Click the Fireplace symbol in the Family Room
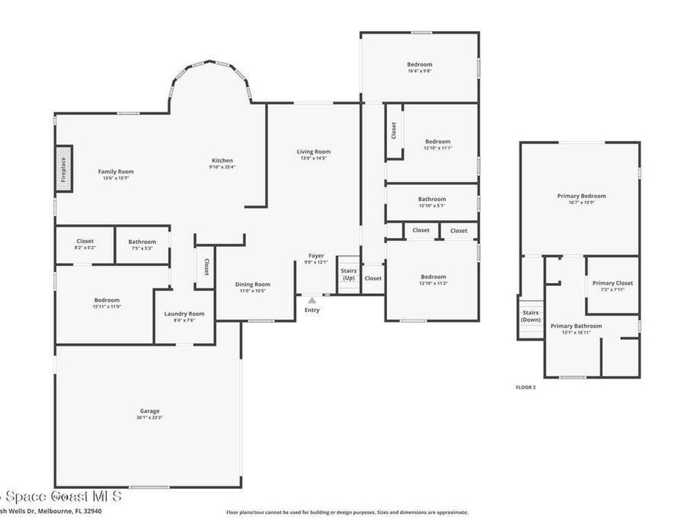(x=64, y=168)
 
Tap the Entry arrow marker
(x=312, y=300)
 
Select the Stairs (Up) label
(x=348, y=274)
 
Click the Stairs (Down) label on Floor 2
(x=531, y=316)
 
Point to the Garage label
(x=150, y=411)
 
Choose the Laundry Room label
(x=184, y=313)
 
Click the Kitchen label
(x=222, y=160)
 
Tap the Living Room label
(x=313, y=152)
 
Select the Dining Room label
(x=253, y=284)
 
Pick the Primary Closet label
(x=613, y=283)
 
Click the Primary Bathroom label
(x=575, y=326)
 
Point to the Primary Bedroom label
(x=581, y=196)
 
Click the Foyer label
(x=316, y=256)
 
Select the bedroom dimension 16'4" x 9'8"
(x=420, y=71)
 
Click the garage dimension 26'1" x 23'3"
(x=150, y=418)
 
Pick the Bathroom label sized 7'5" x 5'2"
(x=142, y=242)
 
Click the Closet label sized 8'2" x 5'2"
(x=85, y=241)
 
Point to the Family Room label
(x=116, y=172)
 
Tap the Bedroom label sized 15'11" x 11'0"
(x=106, y=300)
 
